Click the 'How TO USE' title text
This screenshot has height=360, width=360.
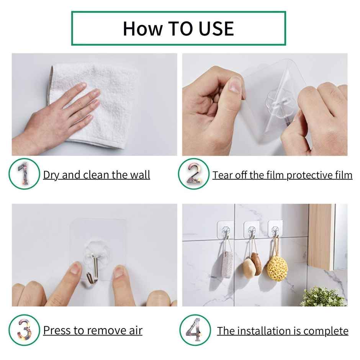[178, 29]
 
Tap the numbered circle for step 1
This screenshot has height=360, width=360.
[24, 174]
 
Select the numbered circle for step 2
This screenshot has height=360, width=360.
[194, 174]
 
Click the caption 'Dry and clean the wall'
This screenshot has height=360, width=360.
[97, 175]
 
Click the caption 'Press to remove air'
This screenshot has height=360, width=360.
[93, 330]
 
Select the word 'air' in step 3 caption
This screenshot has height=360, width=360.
[135, 330]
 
